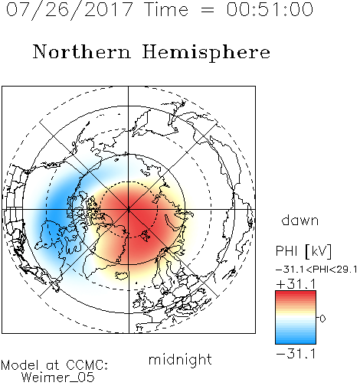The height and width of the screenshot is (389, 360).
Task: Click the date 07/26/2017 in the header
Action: click(70, 10)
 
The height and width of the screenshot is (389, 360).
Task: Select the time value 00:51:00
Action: click(270, 9)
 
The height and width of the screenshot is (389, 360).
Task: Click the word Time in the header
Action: click(166, 9)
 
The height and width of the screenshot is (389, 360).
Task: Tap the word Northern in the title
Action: click(82, 51)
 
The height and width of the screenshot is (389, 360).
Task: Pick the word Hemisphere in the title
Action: click(206, 53)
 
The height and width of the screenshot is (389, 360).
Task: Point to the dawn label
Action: click(300, 220)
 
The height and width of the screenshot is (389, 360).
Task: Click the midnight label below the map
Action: click(180, 359)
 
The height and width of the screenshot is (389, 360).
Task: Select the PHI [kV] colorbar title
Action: click(303, 251)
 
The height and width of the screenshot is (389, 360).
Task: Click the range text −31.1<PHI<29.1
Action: click(316, 270)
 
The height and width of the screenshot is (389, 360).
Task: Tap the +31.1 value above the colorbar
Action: click(296, 284)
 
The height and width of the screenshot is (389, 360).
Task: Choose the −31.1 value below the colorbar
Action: click(296, 354)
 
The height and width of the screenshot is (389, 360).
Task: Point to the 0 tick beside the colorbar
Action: click(322, 319)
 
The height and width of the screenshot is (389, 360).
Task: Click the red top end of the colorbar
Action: click(296, 293)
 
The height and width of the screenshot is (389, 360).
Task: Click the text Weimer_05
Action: click(58, 378)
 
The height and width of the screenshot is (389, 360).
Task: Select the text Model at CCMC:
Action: click(54, 365)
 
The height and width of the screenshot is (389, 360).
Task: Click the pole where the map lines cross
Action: click(129, 210)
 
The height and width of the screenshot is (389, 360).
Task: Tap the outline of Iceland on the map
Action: click(122, 275)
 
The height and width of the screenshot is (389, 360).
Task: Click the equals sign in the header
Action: click(208, 10)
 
